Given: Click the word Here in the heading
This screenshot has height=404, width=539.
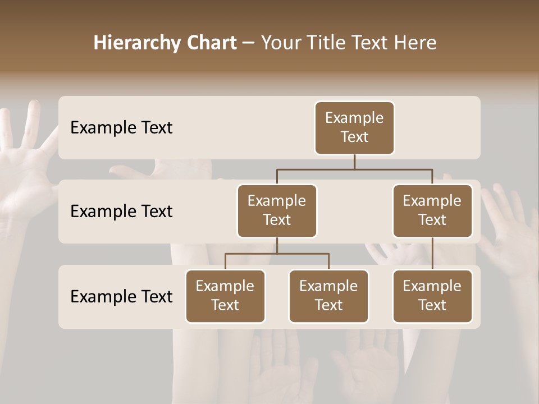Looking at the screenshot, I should point(414,43).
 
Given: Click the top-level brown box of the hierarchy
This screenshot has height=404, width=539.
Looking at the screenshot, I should point(354,128).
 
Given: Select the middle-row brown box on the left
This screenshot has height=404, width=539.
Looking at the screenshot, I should point(277,211).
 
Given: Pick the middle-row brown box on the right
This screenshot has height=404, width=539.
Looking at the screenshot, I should point(432,211).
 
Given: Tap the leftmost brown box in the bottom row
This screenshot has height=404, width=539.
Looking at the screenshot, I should point(225,296).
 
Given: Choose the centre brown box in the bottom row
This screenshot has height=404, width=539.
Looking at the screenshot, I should point(328,296).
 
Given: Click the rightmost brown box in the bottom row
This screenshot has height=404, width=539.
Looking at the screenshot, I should point(432,296).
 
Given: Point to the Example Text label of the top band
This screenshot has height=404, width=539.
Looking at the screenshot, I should point(121,128).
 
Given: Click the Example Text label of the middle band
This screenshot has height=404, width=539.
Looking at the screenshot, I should point(121,212).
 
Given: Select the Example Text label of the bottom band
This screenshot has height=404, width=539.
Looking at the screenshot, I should point(121,297).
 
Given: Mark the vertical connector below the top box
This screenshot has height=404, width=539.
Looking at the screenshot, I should point(354,162).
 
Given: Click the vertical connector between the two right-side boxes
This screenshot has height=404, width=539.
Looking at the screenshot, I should point(432,254).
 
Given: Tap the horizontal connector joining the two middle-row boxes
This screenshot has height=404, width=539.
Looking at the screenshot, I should point(354,169).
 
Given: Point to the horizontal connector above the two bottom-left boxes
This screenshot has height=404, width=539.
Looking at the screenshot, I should point(277,254).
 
